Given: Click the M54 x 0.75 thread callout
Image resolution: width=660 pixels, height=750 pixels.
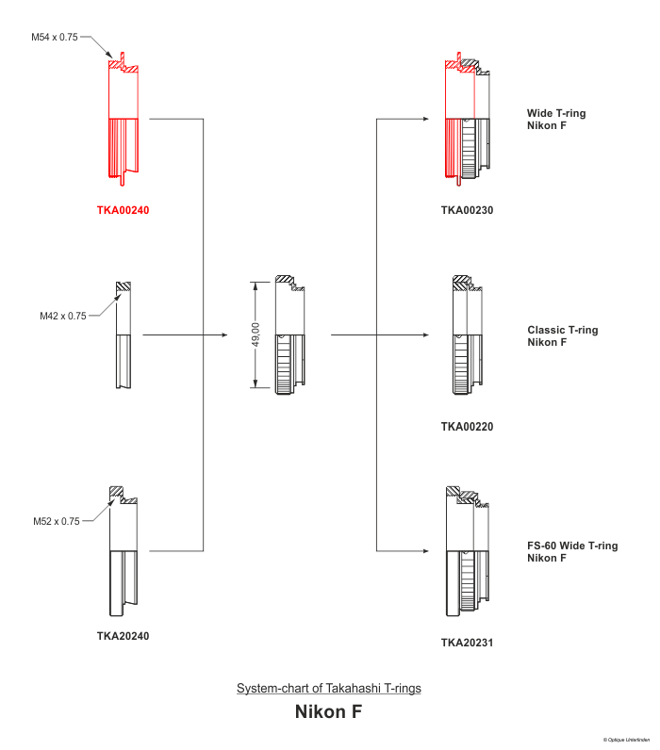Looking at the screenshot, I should click(55, 37).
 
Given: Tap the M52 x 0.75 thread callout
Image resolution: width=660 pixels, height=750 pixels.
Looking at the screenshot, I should click(57, 521).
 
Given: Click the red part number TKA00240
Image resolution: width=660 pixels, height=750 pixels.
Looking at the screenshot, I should click(123, 210).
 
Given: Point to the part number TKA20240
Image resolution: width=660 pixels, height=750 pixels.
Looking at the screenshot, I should click(123, 636).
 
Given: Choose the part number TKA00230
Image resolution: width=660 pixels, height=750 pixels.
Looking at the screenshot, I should click(467, 210).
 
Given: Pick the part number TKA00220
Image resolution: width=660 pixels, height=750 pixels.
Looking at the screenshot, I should click(467, 427).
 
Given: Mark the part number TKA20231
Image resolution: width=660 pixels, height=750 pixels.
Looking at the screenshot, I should click(467, 644).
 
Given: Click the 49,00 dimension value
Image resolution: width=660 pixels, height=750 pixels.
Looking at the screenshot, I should click(256, 335).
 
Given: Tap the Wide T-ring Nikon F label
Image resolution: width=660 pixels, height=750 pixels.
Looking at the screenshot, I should click(555, 119).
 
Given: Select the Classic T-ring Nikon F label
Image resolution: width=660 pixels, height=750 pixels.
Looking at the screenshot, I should click(562, 335).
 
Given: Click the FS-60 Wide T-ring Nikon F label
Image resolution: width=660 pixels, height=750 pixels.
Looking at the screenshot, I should click(572, 551).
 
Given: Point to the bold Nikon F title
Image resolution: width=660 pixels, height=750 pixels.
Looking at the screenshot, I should click(328, 711).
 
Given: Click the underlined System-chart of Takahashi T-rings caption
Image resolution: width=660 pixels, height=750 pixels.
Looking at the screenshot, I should click(328, 688).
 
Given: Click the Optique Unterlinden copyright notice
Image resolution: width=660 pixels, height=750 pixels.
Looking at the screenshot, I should click(627, 740).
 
